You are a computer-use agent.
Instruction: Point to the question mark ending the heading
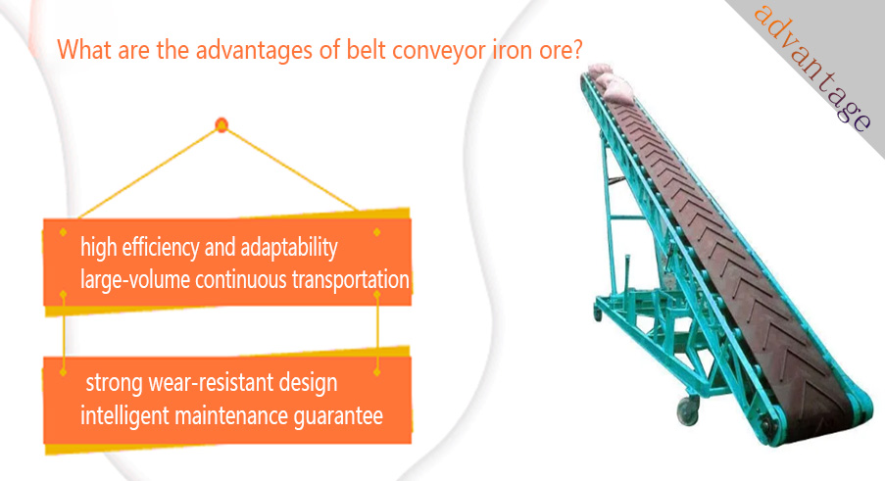click(x=577, y=49)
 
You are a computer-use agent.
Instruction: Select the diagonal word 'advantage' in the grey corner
click(x=812, y=68)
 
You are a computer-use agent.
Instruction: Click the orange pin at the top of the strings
click(x=221, y=124)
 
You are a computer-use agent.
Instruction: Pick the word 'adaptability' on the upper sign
click(x=289, y=248)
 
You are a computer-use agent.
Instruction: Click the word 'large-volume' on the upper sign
click(x=135, y=280)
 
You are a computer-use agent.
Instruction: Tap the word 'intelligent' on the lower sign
click(x=124, y=416)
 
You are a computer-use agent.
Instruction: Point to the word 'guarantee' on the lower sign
click(x=338, y=416)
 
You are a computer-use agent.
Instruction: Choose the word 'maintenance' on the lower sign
click(x=231, y=416)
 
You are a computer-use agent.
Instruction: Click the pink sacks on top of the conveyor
click(x=610, y=82)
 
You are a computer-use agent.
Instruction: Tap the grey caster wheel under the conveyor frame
click(x=688, y=410)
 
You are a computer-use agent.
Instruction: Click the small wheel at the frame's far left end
click(x=597, y=313)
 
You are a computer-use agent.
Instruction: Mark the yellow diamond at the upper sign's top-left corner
click(x=63, y=232)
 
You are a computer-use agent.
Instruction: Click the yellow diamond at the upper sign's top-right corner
click(x=377, y=232)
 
